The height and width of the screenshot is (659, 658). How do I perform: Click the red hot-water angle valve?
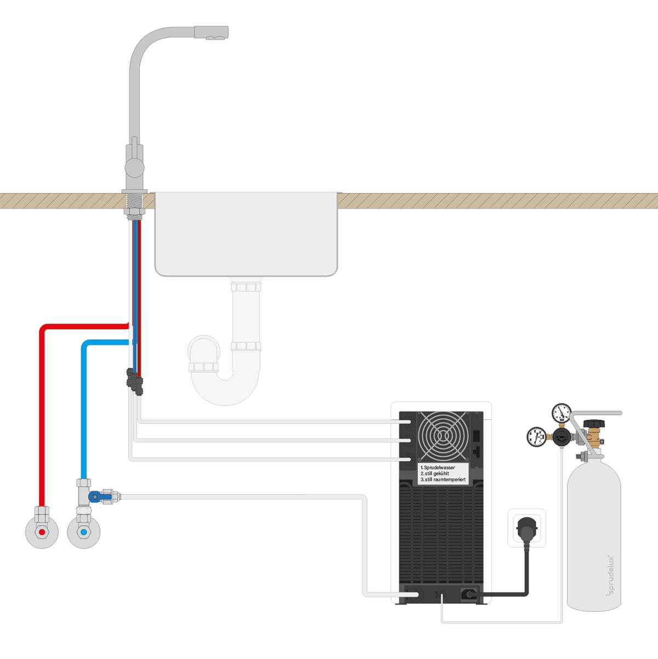click(42, 532)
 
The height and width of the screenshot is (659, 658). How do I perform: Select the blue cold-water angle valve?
click(83, 532)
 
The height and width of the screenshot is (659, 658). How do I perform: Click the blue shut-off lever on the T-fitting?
click(97, 497)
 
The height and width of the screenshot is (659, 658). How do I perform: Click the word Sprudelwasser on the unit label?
click(439, 468)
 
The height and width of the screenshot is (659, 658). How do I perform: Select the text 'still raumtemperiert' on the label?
click(444, 480)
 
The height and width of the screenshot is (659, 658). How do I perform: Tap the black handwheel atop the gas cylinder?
click(593, 424)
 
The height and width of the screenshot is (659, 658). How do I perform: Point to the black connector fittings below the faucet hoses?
click(134, 380)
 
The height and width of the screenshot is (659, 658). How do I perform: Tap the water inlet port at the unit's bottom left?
click(411, 594)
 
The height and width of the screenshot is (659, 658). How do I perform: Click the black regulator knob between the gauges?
click(560, 437)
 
